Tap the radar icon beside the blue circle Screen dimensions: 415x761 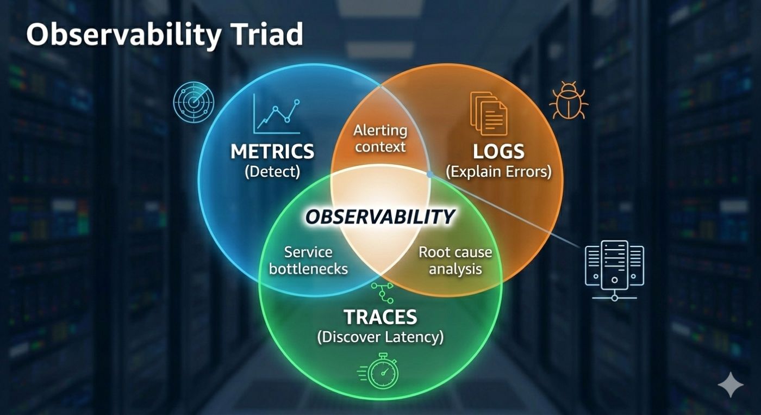(x=194, y=102)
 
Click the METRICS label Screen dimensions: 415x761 (x=272, y=151)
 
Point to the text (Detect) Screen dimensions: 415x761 (x=272, y=172)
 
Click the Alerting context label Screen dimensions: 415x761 (x=380, y=138)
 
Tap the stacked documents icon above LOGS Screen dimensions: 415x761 (x=488, y=113)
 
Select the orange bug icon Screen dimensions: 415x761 (x=568, y=101)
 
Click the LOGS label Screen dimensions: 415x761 (x=498, y=151)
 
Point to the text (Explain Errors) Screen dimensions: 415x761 (x=498, y=172)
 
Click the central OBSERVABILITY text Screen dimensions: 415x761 (x=379, y=217)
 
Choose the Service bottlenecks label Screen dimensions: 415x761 (x=308, y=260)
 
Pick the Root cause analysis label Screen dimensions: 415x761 (x=456, y=260)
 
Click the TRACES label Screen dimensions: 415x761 (x=380, y=317)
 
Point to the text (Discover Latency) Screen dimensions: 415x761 (x=380, y=337)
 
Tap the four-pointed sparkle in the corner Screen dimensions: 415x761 (x=730, y=385)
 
